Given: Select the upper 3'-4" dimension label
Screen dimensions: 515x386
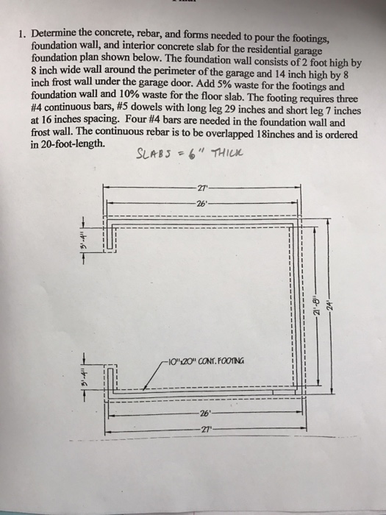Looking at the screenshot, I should [x=85, y=238].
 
